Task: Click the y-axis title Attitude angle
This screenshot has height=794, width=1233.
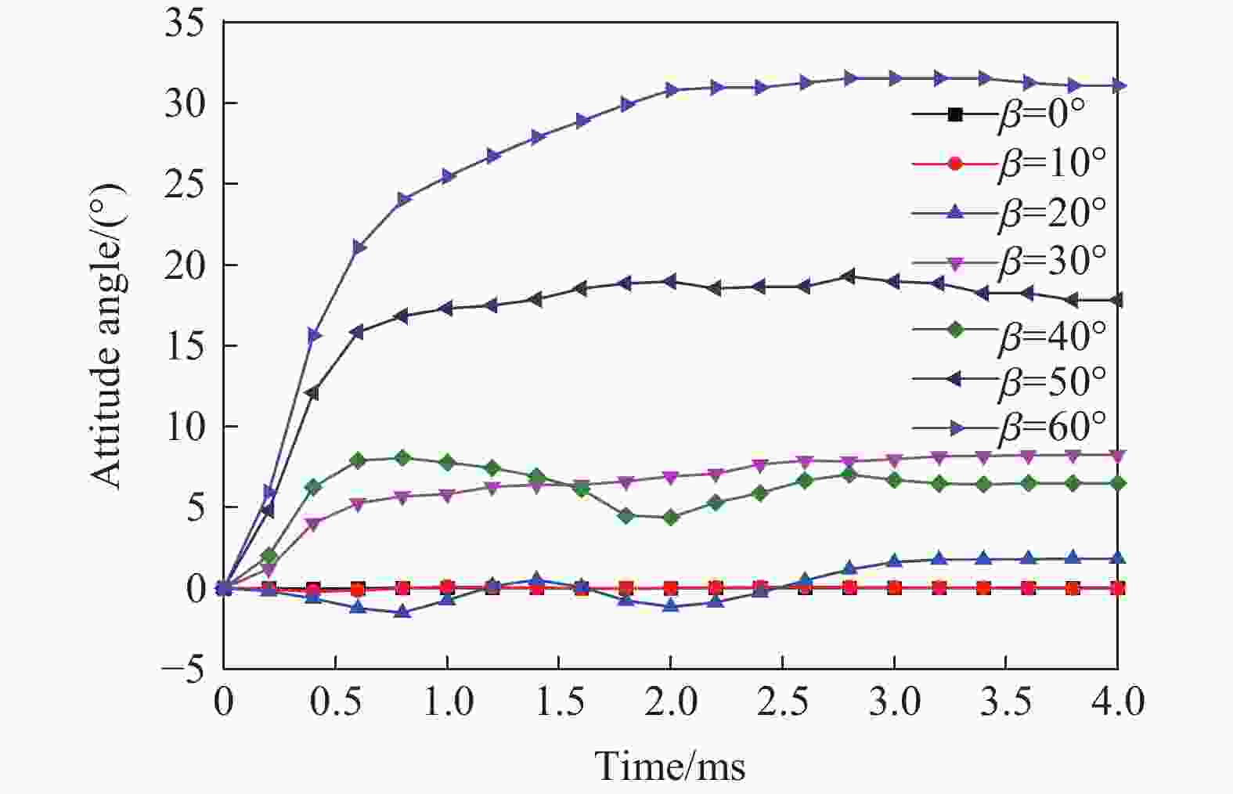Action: pos(107,337)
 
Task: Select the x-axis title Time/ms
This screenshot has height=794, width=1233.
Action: pos(670,765)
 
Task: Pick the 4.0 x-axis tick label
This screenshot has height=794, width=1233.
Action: pos(1117,702)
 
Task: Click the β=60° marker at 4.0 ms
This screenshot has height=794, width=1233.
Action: pos(1118,85)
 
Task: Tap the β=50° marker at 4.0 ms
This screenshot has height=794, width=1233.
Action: pos(1118,300)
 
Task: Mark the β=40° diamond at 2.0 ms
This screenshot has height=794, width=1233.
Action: pos(670,518)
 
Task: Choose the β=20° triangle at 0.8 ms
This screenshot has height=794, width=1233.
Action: pos(402,612)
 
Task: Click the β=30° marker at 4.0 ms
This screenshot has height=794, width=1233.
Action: pos(1118,455)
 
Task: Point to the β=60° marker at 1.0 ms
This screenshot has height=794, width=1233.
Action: pos(447,177)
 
